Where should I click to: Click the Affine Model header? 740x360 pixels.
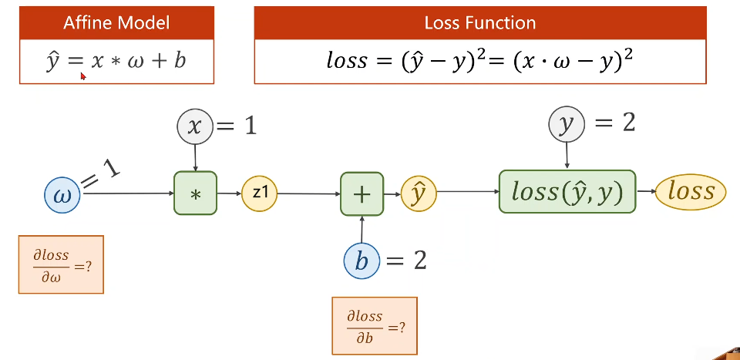pyautogui.click(x=116, y=23)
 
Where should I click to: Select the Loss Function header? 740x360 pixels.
pyautogui.click(x=480, y=23)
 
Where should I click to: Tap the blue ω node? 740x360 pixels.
pyautogui.click(x=62, y=195)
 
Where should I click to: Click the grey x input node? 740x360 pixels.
pyautogui.click(x=195, y=126)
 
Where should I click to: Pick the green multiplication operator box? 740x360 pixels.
pyautogui.click(x=195, y=193)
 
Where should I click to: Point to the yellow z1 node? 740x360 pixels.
pyautogui.click(x=259, y=193)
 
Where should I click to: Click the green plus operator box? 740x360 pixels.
pyautogui.click(x=362, y=194)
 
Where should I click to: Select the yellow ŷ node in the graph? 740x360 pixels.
pyautogui.click(x=419, y=193)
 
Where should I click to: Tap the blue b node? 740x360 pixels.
pyautogui.click(x=362, y=261)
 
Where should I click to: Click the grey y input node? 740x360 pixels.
pyautogui.click(x=567, y=124)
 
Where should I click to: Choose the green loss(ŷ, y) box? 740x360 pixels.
pyautogui.click(x=567, y=191)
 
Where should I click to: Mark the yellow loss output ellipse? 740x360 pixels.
pyautogui.click(x=691, y=191)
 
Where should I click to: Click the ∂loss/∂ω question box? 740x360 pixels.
pyautogui.click(x=61, y=264)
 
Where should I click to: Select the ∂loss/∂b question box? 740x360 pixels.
pyautogui.click(x=375, y=325)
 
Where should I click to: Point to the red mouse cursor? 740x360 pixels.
pyautogui.click(x=83, y=76)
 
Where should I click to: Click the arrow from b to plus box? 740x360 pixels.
pyautogui.click(x=362, y=229)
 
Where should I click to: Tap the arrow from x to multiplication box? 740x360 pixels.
pyautogui.click(x=195, y=158)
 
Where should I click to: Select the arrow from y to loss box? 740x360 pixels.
pyautogui.click(x=567, y=156)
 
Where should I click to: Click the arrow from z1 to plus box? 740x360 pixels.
pyautogui.click(x=308, y=193)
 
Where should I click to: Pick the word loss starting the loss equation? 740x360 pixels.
pyautogui.click(x=346, y=62)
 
